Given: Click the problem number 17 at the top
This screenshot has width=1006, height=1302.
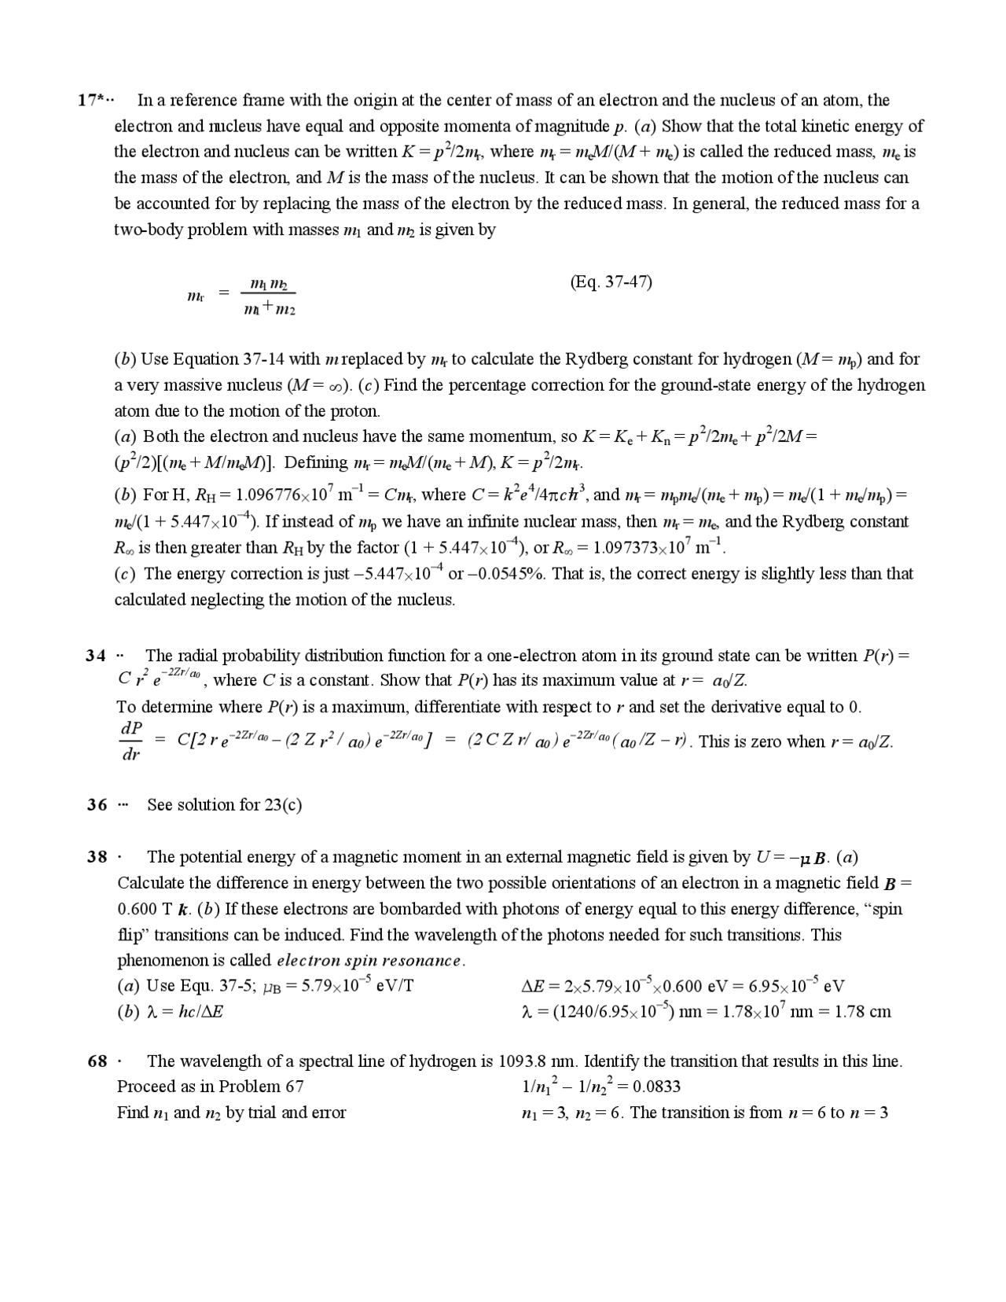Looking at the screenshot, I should coord(88,101).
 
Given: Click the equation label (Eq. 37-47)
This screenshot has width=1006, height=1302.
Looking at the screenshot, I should coord(611,282).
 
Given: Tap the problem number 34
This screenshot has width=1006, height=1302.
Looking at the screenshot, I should coord(96,656).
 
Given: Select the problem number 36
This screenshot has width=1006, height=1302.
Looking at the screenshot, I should coord(97,805).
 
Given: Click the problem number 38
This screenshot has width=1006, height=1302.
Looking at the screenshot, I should coord(97,857).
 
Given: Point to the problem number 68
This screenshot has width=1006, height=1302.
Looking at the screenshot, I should coord(97,1061).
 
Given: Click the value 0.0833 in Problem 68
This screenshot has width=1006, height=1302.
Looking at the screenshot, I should coord(656,1087).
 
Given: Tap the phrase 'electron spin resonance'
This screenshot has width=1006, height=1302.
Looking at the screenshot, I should coord(369,961).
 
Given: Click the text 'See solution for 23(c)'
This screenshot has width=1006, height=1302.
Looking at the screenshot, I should coord(225,805).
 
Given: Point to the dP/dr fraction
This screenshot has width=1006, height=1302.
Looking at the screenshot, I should coord(131,741).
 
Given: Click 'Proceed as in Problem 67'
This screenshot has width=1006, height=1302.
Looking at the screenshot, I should coord(210,1087).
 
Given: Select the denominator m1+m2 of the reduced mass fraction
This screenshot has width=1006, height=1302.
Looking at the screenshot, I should coord(270,310).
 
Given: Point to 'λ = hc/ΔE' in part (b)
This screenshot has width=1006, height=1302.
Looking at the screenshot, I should coord(183,1012).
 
